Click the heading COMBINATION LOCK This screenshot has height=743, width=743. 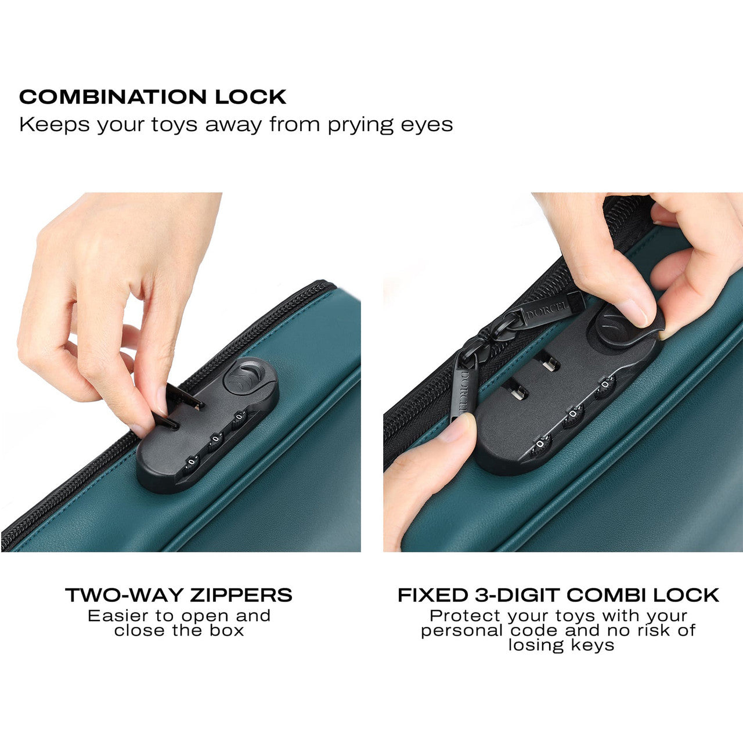coord(153,97)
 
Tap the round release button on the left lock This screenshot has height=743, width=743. coord(244,376)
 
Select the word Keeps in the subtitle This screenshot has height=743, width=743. coord(55,125)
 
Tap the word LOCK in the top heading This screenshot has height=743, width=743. coord(251,97)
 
